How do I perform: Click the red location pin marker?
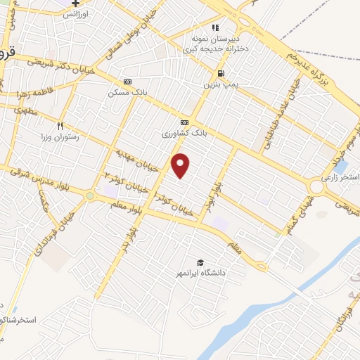[x=181, y=165]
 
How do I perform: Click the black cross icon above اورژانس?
[x=75, y=4]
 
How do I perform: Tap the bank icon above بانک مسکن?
[x=127, y=82]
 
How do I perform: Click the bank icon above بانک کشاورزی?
[x=184, y=122]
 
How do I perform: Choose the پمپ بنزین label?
[x=219, y=84]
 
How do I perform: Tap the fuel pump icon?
[x=221, y=73]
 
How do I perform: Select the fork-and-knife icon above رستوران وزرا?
[x=60, y=127]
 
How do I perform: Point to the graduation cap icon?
[x=201, y=262]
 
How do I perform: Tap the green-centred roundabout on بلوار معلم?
[x=91, y=195]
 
